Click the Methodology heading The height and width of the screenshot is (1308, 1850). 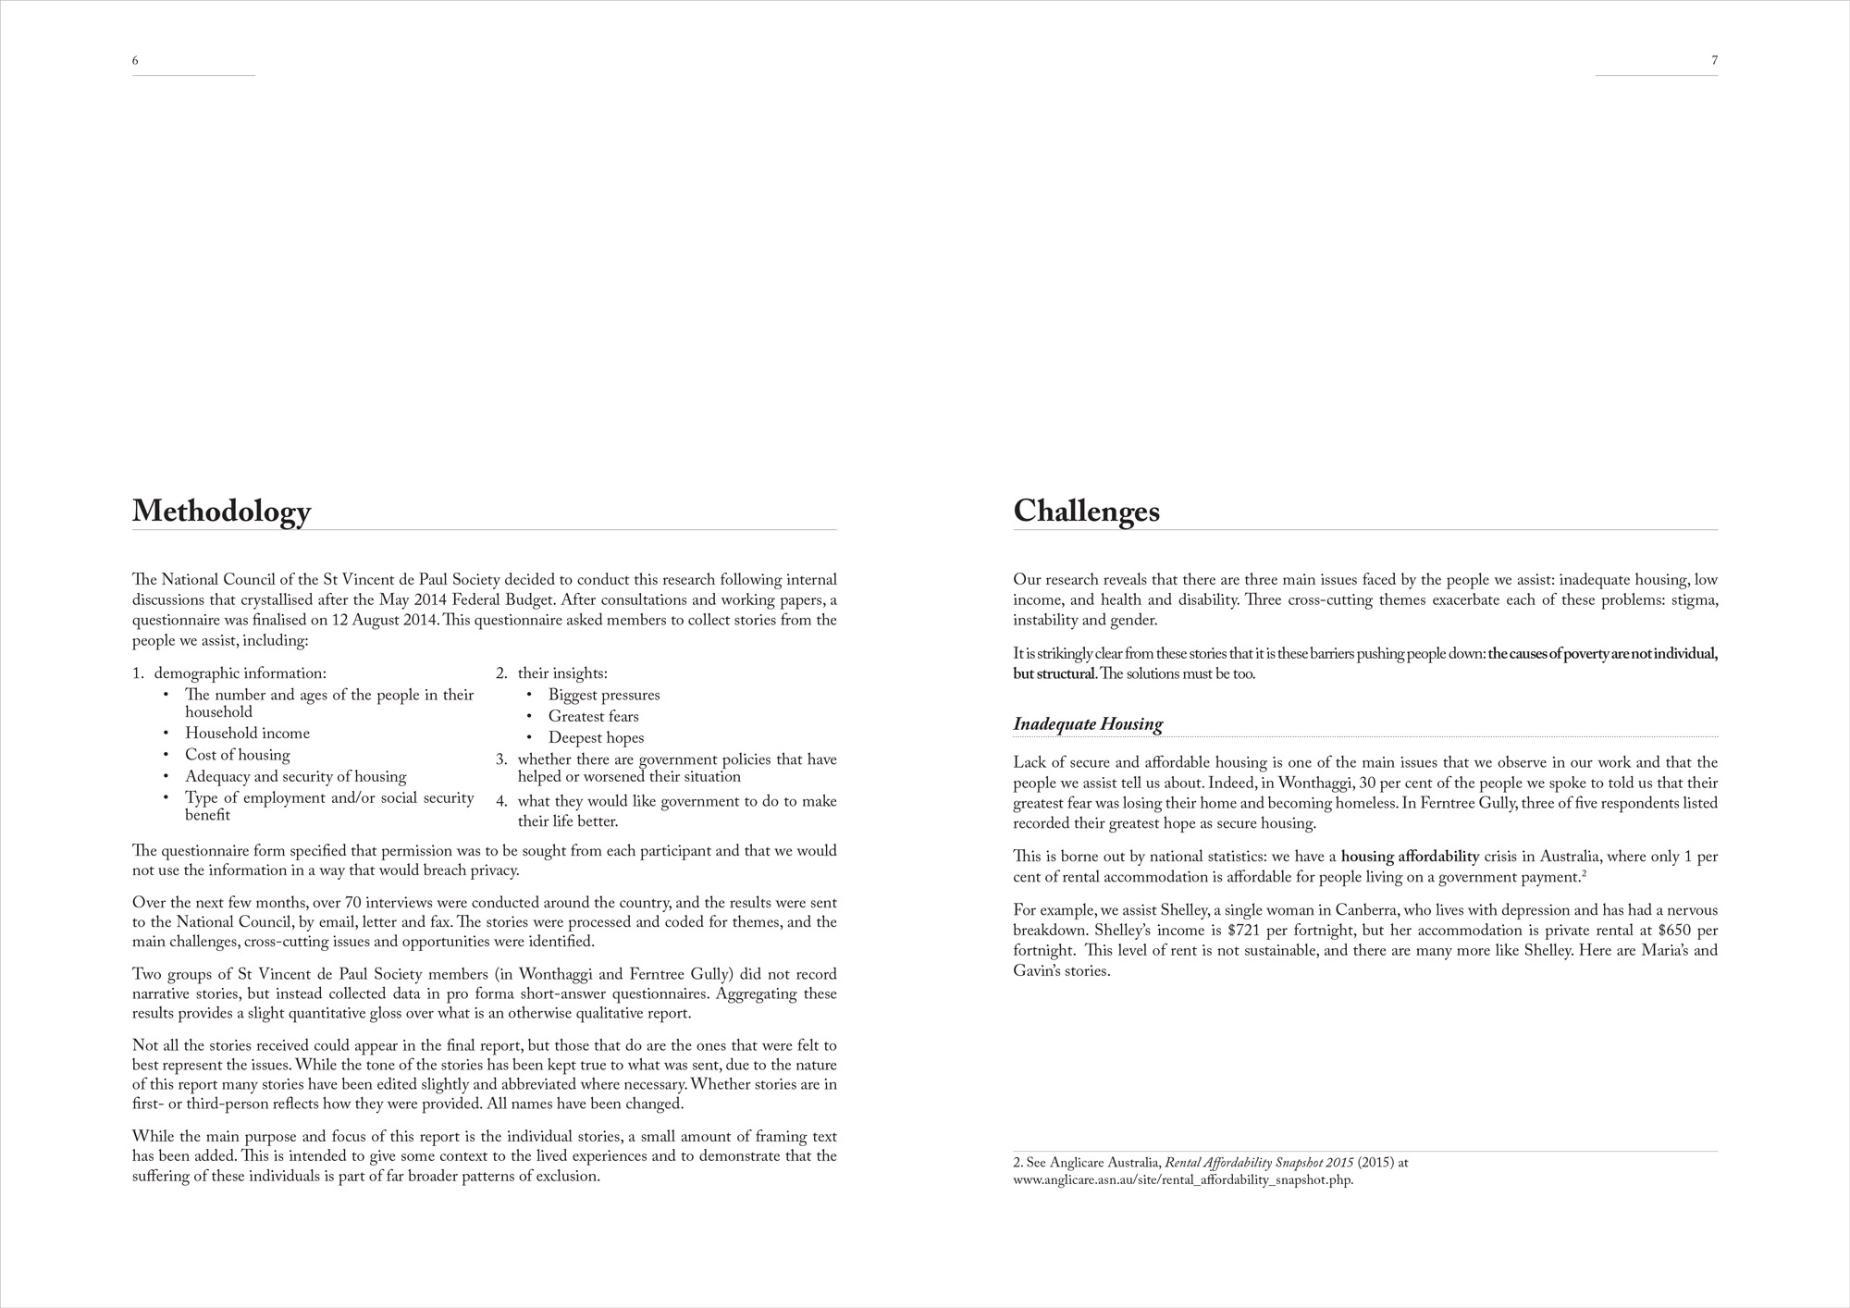[221, 512]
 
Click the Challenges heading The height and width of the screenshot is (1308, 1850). [1086, 512]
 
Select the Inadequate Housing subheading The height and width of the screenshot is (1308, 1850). [1087, 724]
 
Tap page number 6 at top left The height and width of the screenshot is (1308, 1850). [135, 61]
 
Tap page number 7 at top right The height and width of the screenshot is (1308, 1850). [1714, 61]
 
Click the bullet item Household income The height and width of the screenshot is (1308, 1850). [247, 734]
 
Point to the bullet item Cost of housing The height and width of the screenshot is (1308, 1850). [237, 755]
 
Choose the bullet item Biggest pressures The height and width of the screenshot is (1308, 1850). [603, 695]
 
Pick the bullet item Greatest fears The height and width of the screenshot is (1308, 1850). [593, 716]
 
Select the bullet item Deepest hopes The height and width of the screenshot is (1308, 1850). [596, 737]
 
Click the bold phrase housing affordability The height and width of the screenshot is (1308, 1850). [1410, 857]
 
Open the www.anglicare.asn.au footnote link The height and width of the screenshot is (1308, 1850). [1183, 1180]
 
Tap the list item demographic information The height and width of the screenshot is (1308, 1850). [240, 673]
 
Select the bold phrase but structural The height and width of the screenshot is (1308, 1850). [1054, 673]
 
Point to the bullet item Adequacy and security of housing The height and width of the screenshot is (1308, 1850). [295, 776]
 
